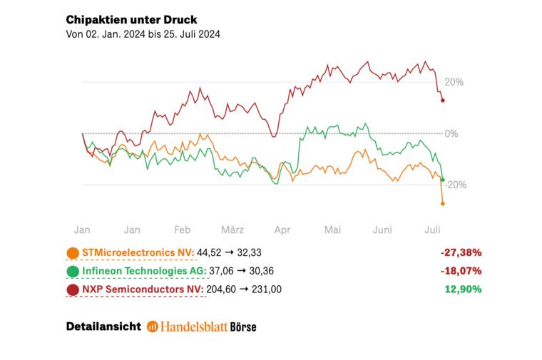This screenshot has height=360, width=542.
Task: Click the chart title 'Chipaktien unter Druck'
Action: pos(131,19)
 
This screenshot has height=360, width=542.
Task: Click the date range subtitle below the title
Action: pos(143,34)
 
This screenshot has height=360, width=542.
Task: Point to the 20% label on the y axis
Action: pos(454,82)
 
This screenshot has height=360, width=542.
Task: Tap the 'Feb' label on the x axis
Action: pos(182,230)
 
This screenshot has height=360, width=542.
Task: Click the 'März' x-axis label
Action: pos(232,230)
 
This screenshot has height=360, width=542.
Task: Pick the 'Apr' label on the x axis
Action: pos(282,230)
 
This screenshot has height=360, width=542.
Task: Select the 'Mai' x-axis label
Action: pos(332,230)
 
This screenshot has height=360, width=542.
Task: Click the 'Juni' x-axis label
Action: pos(383,230)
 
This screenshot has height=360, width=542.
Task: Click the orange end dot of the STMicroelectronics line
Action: pos(443,204)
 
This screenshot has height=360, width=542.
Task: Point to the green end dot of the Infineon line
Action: pos(443,180)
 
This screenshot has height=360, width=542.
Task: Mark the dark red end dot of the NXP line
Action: pos(443,100)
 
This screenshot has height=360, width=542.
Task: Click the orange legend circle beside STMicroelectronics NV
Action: pos(73,252)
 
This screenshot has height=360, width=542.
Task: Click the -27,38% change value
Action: pos(461,252)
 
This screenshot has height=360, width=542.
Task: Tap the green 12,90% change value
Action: pos(462,289)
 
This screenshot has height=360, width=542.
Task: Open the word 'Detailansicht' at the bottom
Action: pos(103,326)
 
